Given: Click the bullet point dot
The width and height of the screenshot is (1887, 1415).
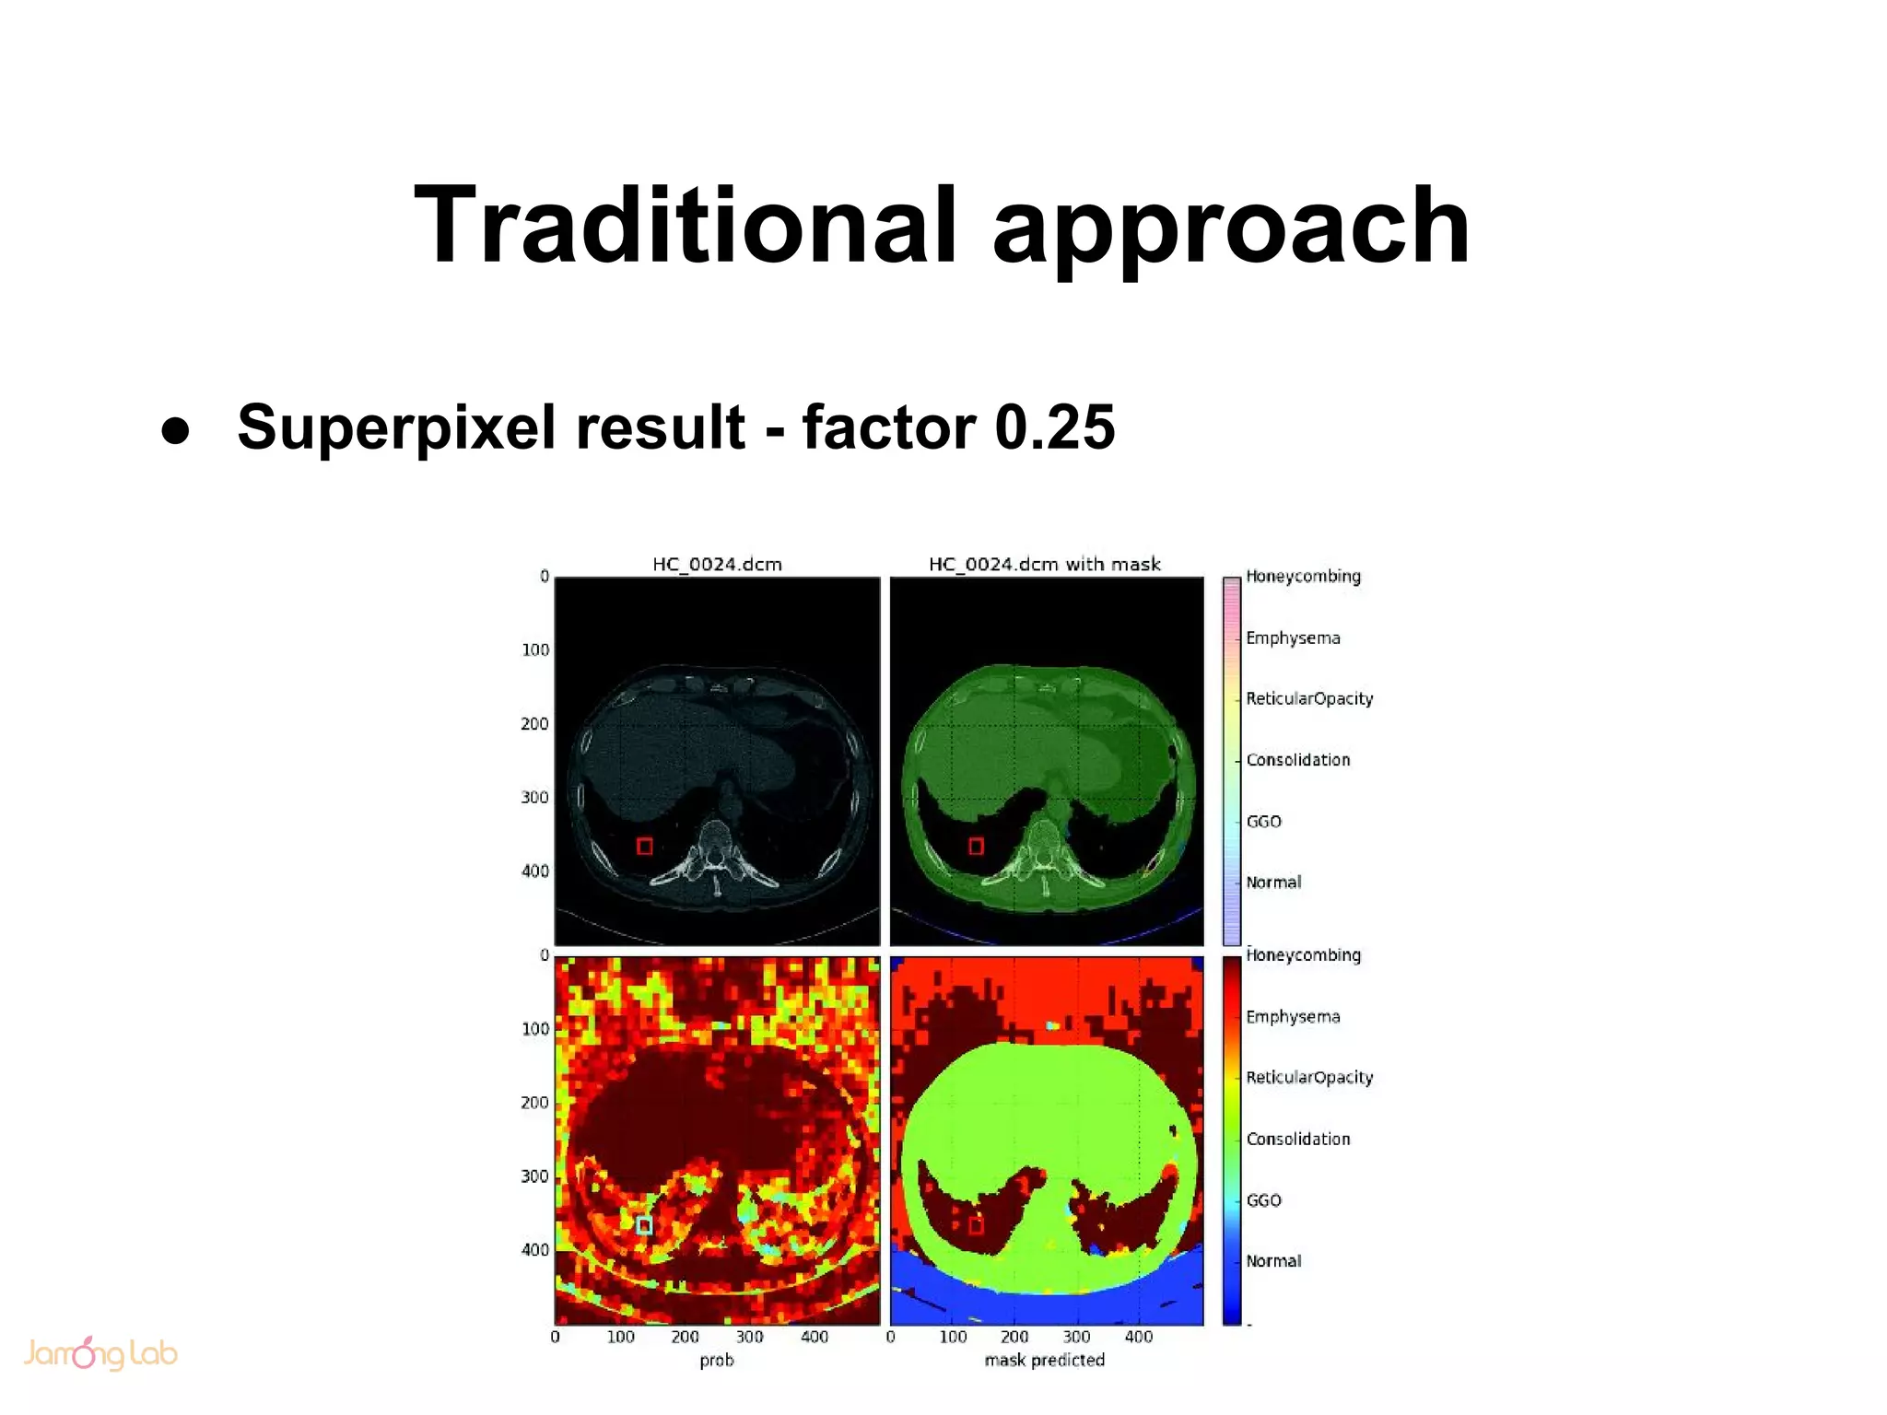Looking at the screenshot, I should pos(175,431).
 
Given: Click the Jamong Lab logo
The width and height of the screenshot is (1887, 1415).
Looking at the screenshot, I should pos(100,1353).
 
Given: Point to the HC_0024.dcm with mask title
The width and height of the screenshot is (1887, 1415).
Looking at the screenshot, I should pos(1044,564).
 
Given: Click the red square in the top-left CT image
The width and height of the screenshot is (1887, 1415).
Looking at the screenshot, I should pos(645,846).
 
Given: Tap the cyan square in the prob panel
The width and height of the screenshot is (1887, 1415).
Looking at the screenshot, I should pos(644,1225).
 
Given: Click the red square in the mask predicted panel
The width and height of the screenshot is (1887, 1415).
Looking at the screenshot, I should pos(977,1225).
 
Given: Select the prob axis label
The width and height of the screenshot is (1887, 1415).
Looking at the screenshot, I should pos(716,1360).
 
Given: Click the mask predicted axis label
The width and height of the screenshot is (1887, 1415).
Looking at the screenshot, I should pos(1044,1360).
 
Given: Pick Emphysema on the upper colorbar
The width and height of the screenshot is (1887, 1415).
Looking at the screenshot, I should pos(1293,637).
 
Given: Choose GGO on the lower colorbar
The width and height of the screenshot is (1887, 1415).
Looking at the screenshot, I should pos(1263,1200).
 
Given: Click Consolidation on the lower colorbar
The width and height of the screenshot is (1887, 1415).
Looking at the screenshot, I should pos(1297,1139).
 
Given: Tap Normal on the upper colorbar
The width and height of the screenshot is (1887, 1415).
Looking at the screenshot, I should pos(1273,882).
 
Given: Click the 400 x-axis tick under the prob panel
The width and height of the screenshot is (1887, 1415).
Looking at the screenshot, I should pos(814,1337).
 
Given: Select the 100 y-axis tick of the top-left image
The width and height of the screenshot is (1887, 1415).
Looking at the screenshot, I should pos(535,650).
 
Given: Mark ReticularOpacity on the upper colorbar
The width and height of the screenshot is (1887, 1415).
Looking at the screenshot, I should pos(1309,698).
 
